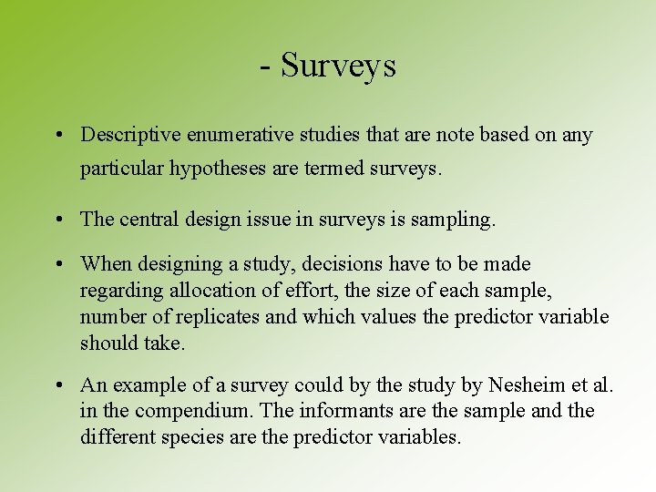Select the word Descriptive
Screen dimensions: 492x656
(130, 135)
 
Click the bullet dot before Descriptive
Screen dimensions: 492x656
(57, 136)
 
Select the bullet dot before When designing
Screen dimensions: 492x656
(57, 265)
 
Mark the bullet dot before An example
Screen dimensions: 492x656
(57, 386)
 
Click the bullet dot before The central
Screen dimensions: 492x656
(57, 220)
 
